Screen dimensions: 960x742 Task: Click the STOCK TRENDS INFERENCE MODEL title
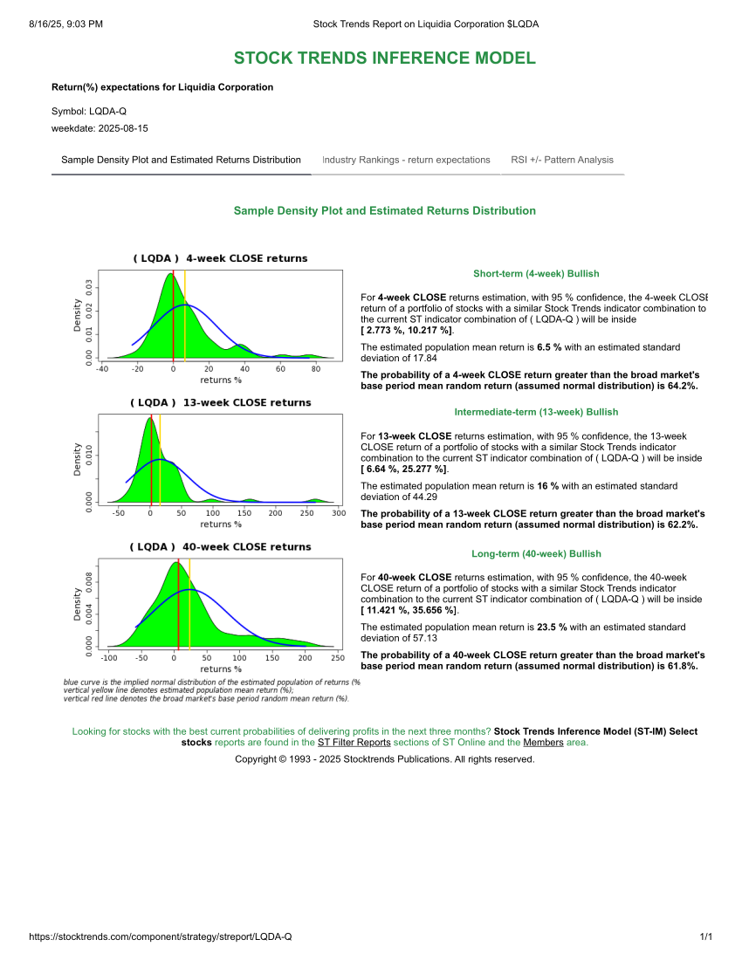tap(384, 58)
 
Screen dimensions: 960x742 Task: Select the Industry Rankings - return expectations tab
tap(406, 160)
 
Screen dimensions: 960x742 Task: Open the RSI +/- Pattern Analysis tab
tap(562, 160)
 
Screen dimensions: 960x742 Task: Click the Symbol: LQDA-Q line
tap(89, 112)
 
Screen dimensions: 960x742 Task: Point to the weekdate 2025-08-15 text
tap(100, 128)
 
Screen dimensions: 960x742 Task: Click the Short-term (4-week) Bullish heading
tap(536, 273)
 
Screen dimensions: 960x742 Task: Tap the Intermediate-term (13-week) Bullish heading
tap(536, 412)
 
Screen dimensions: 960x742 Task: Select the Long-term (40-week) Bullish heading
tap(536, 553)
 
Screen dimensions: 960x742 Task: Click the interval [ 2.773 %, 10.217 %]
tap(407, 331)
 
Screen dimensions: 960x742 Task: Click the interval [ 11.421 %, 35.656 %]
tap(409, 610)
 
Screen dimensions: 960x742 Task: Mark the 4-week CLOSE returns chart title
tap(220, 258)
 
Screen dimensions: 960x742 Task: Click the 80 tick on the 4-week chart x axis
tap(315, 368)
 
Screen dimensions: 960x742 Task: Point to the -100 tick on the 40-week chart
tap(110, 657)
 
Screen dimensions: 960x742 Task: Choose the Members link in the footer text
tap(543, 743)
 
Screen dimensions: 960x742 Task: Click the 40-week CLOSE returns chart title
tap(220, 547)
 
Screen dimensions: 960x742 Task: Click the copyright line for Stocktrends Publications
tap(384, 759)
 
